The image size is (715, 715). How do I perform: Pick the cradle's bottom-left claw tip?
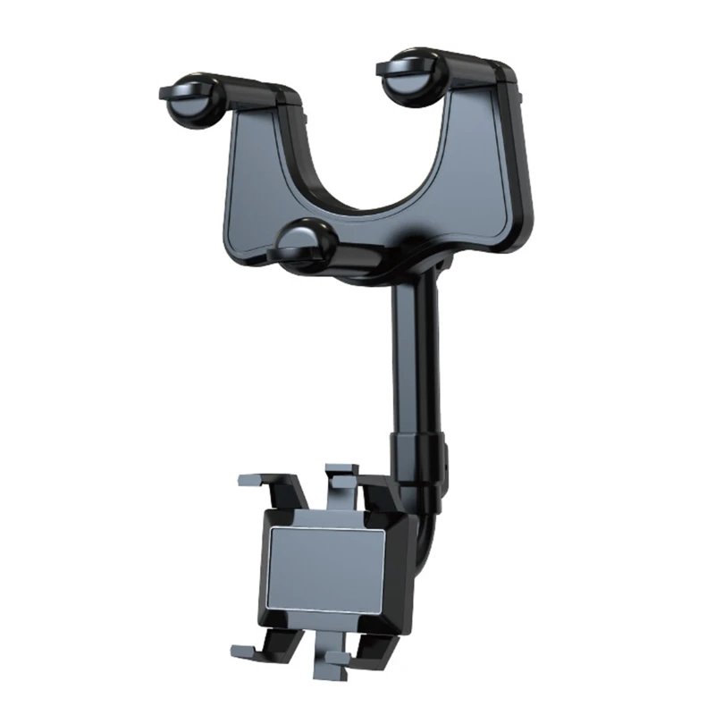click(241, 650)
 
